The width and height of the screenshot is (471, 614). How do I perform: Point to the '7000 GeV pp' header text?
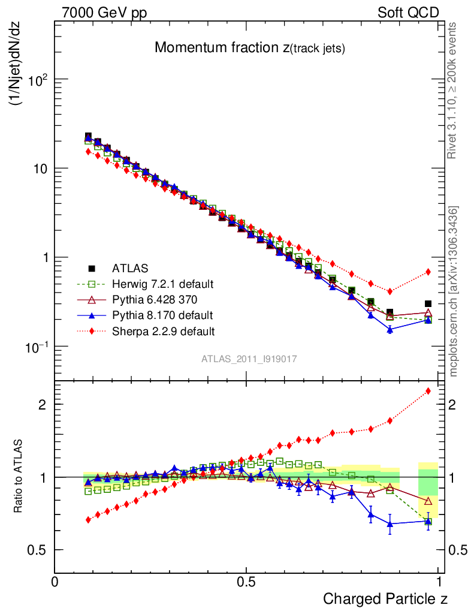(x=104, y=13)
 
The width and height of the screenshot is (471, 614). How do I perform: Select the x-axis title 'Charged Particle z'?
(x=385, y=598)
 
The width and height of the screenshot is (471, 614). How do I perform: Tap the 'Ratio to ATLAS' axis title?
(x=19, y=477)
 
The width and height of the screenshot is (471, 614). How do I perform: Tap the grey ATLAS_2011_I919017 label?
(x=249, y=359)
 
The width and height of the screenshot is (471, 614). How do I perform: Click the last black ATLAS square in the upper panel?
(x=428, y=304)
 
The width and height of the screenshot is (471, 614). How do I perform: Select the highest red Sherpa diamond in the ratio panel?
(x=428, y=392)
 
